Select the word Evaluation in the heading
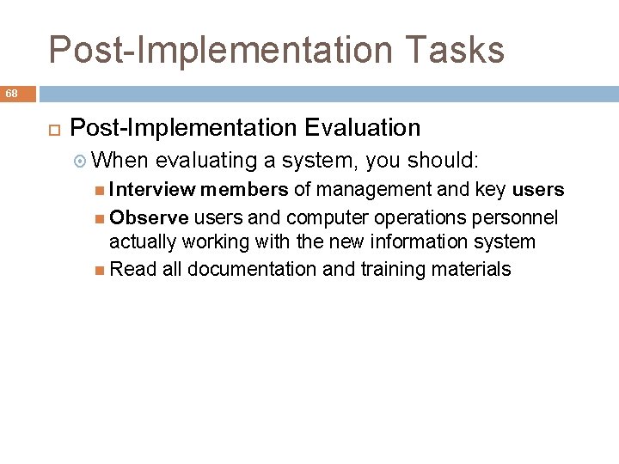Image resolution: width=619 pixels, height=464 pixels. pyautogui.click(x=362, y=128)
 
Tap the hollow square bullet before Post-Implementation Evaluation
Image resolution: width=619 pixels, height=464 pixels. pyautogui.click(x=51, y=129)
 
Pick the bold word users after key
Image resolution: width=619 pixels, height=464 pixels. pyautogui.click(x=538, y=190)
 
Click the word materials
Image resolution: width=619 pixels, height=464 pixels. pyautogui.click(x=470, y=270)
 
